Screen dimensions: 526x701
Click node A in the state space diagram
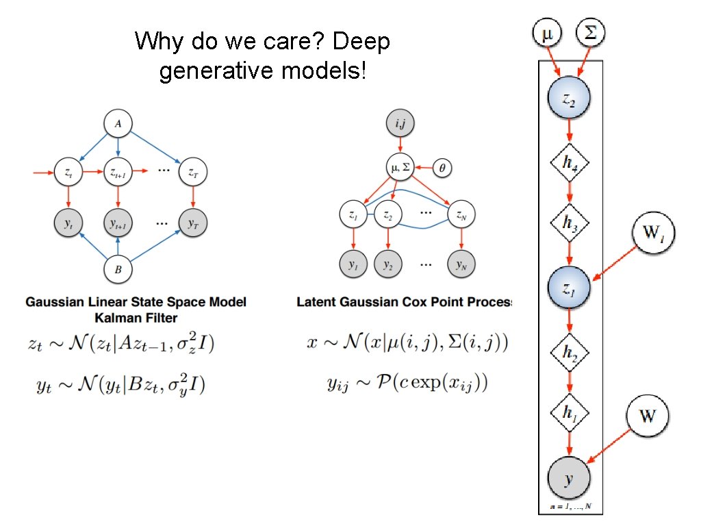118,125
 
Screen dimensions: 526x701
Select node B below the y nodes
118,270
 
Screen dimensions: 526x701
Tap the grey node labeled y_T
194,223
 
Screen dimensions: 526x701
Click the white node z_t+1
118,173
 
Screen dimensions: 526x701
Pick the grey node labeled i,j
400,125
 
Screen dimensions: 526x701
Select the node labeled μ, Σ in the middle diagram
400,166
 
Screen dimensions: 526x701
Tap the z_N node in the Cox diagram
461,215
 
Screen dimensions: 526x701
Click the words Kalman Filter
136,318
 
